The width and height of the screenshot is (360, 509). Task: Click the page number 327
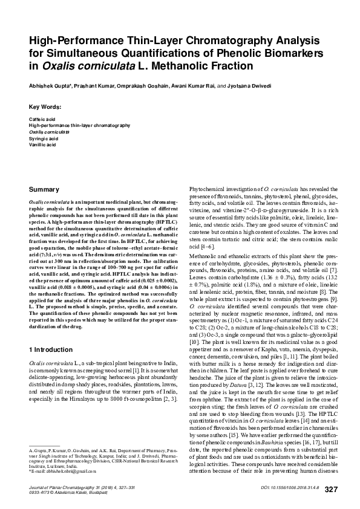(x=332, y=488)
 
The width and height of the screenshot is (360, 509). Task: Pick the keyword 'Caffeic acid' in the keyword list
(x=42, y=119)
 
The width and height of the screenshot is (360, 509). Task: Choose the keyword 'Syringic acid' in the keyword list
(x=44, y=138)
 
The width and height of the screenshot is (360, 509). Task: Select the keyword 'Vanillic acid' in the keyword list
(x=43, y=145)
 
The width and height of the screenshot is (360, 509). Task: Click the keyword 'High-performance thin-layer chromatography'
(x=79, y=125)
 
